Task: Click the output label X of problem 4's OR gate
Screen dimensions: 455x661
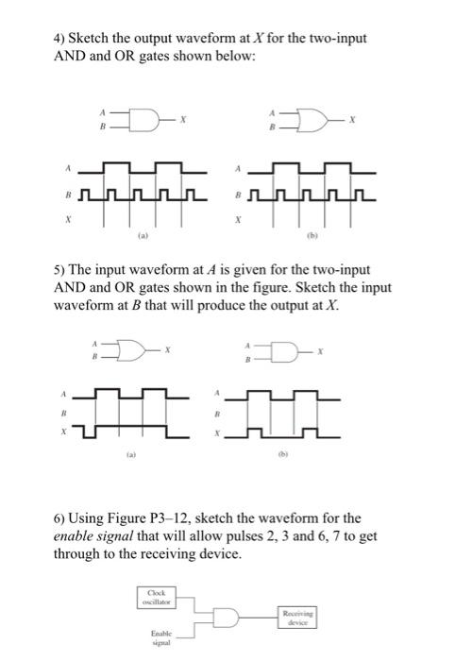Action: [x=354, y=118]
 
